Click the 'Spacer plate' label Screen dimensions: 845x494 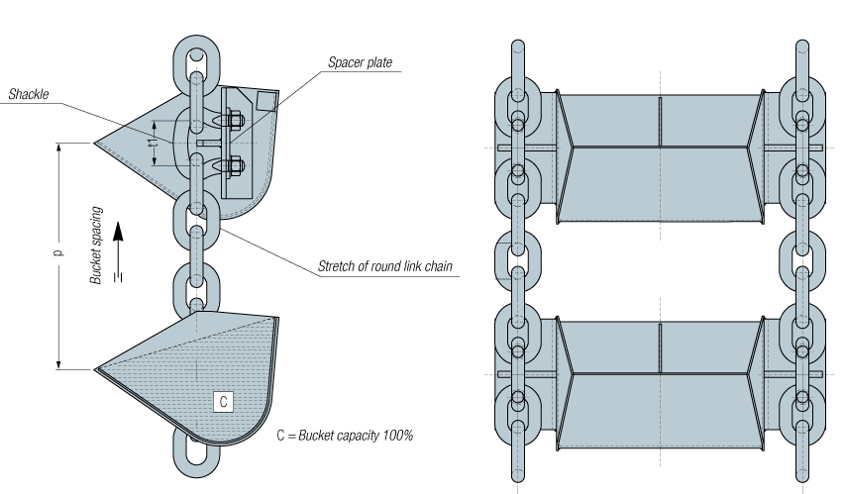tap(360, 62)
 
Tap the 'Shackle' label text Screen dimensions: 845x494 tap(29, 94)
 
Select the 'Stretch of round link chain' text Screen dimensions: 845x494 tap(384, 266)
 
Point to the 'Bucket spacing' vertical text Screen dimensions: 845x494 tap(96, 246)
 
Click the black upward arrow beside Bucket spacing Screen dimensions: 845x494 tap(119, 251)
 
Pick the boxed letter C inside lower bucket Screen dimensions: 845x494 tap(224, 402)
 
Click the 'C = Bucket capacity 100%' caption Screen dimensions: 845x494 tap(345, 436)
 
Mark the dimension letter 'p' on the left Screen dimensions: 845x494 tap(58, 252)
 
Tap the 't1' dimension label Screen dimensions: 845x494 tap(155, 144)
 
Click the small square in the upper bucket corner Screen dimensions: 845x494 tap(265, 101)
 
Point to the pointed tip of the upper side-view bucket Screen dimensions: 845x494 tap(95, 143)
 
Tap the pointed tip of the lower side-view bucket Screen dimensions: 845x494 tap(95, 369)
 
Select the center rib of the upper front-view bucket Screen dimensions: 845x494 tap(660, 121)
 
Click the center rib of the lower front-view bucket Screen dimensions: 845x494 tap(660, 348)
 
